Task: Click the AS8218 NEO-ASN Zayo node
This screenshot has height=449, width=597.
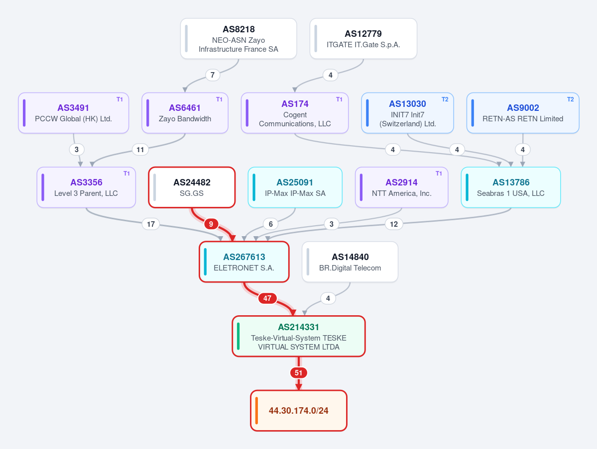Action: [x=239, y=38]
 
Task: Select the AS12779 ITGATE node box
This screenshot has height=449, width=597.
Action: [x=363, y=38]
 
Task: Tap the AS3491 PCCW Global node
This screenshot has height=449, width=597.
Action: [x=74, y=113]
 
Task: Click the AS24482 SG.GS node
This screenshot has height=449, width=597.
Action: [x=192, y=187]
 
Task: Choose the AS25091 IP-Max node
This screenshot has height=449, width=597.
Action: [x=295, y=187]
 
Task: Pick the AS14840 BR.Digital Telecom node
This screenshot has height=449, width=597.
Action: [x=350, y=262]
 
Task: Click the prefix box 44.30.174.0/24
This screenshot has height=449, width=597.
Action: [x=299, y=411]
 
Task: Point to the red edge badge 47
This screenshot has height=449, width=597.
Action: [x=267, y=298]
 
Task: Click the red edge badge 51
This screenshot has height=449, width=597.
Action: [x=299, y=373]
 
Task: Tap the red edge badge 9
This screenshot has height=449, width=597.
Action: [x=211, y=224]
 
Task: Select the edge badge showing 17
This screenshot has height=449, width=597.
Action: [x=151, y=224]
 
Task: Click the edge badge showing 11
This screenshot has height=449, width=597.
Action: [x=140, y=149]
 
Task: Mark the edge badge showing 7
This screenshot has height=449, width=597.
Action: [x=213, y=75]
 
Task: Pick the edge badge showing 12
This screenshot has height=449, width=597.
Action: [x=394, y=224]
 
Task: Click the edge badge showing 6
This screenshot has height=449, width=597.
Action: [x=271, y=224]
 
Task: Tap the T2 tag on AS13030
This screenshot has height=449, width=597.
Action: [x=445, y=99]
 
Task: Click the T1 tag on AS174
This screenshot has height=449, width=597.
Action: [x=339, y=99]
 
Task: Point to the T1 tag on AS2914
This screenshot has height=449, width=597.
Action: [x=439, y=174]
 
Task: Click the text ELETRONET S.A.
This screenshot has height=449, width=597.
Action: [x=244, y=268]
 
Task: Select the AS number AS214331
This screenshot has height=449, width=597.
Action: [x=299, y=327]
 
